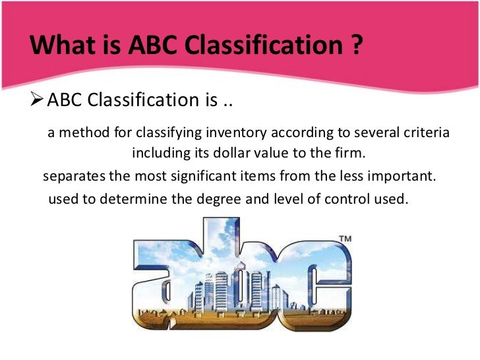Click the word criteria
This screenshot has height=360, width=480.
(423, 133)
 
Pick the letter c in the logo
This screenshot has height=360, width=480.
(315, 280)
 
